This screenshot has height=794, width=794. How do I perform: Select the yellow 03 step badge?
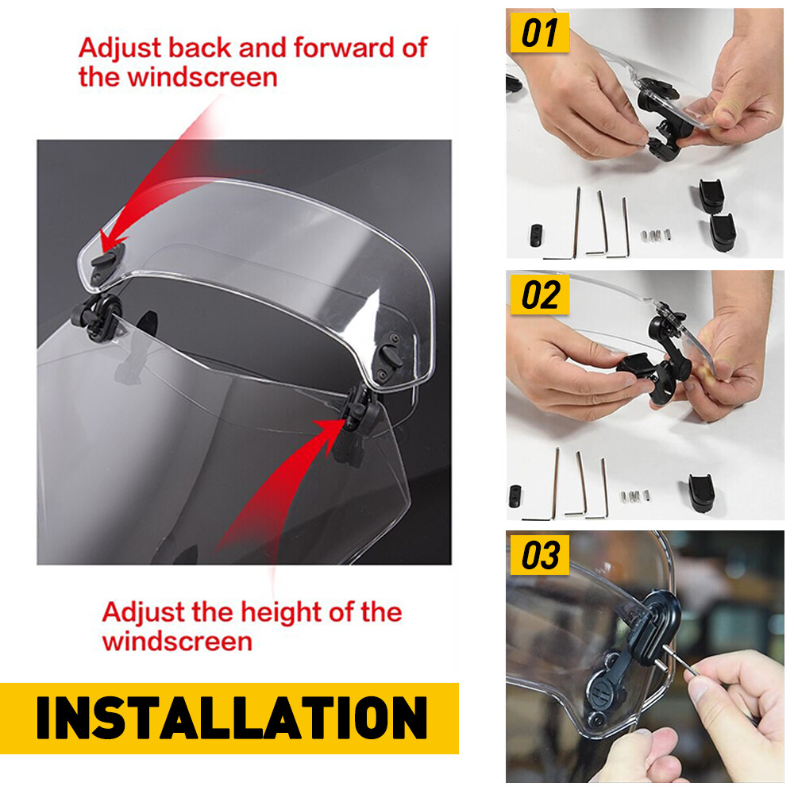tap(540, 555)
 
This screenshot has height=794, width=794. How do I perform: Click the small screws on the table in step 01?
tap(656, 235)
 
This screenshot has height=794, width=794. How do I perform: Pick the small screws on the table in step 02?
tap(635, 497)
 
